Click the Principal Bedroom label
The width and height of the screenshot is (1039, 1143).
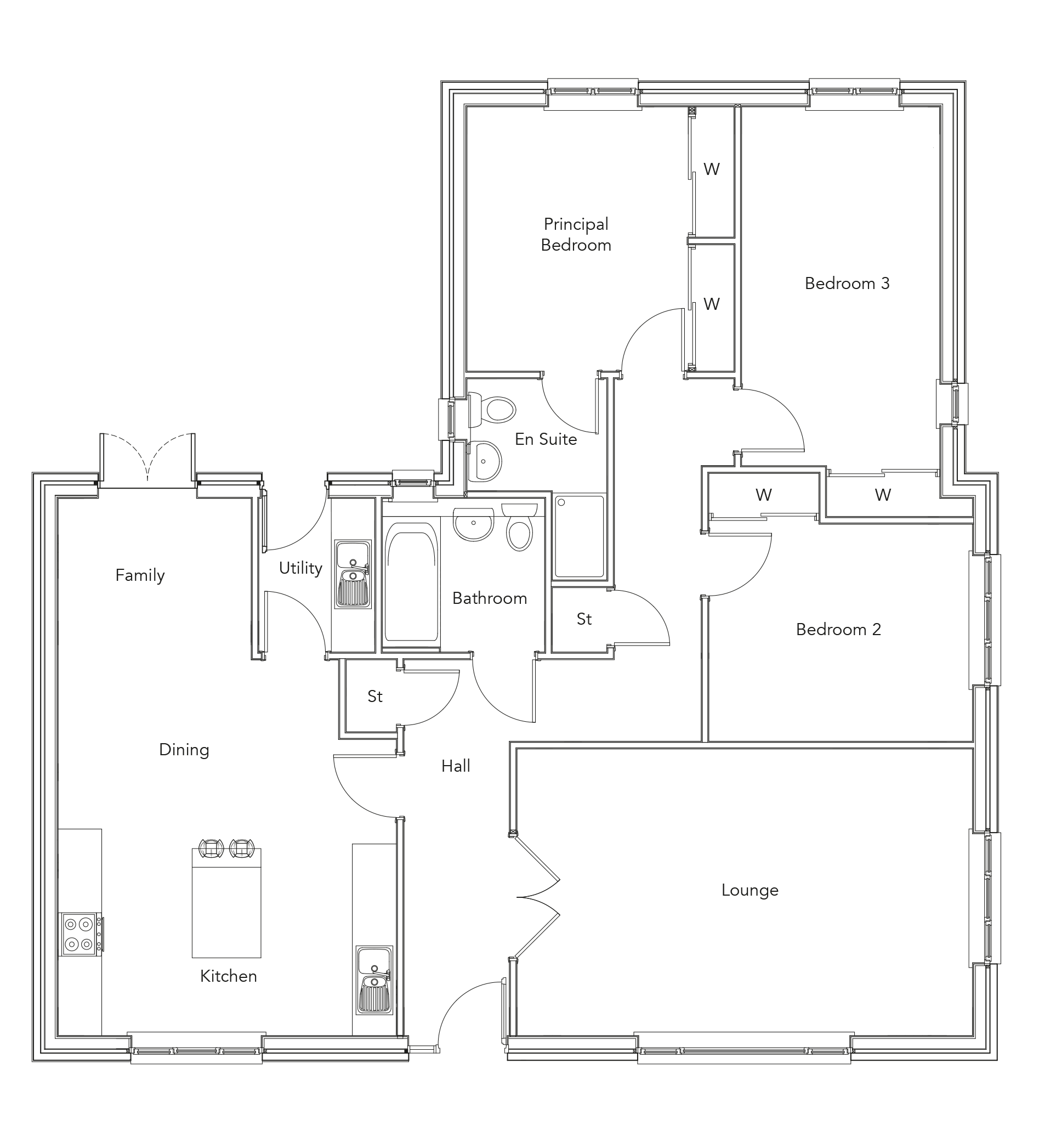click(x=576, y=234)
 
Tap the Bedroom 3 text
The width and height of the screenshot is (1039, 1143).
click(x=847, y=284)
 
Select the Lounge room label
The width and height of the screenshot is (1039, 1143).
click(x=750, y=890)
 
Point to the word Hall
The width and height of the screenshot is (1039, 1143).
click(x=456, y=766)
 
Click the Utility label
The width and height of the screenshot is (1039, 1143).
click(x=300, y=568)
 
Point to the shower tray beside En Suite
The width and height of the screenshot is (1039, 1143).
click(x=580, y=536)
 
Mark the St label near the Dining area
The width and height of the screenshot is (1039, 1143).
click(x=375, y=696)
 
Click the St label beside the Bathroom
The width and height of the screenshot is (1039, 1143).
click(x=584, y=619)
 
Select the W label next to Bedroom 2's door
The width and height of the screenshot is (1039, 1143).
click(x=764, y=495)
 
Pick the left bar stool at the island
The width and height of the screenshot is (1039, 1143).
click(x=211, y=848)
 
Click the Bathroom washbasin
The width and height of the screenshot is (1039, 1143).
click(x=473, y=524)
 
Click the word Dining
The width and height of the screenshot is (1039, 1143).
click(x=184, y=750)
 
